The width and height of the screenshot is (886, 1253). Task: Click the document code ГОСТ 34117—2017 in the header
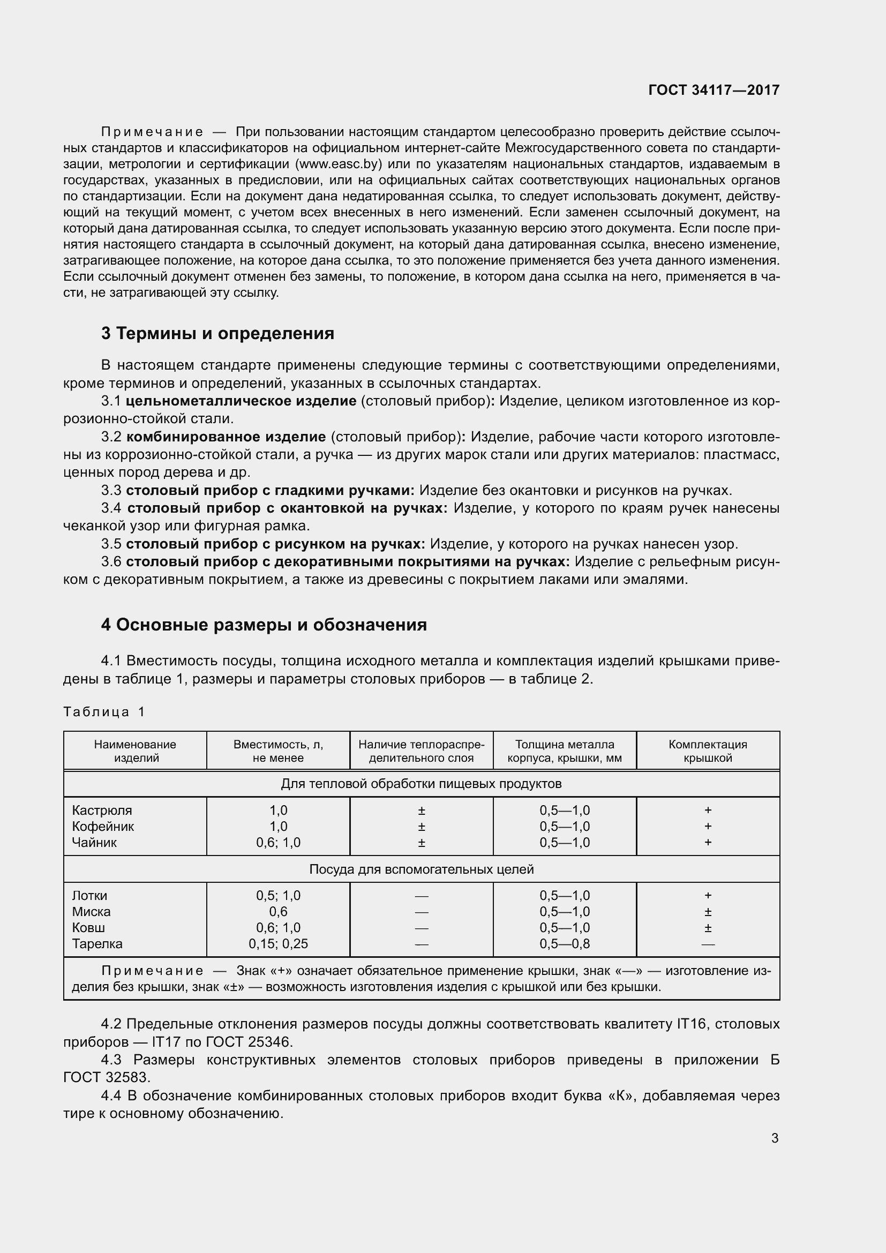tap(714, 90)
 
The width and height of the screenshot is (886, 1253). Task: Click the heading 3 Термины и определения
tap(217, 333)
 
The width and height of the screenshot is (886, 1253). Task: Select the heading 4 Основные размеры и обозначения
tap(264, 624)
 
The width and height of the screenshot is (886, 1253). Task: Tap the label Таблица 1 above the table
tap(104, 711)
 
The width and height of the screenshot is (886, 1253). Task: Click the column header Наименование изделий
tap(136, 751)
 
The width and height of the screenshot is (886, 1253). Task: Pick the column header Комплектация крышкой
tap(708, 751)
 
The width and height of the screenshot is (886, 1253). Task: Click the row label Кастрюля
tap(102, 811)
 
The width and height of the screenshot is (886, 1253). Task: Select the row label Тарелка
tap(97, 943)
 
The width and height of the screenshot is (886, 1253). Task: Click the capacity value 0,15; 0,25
tap(278, 943)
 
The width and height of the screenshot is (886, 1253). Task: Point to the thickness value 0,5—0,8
tap(565, 943)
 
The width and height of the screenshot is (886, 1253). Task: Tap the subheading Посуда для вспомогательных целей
tap(421, 869)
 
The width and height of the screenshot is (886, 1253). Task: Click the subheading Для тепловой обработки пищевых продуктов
tap(421, 784)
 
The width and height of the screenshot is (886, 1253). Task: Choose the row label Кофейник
tap(103, 826)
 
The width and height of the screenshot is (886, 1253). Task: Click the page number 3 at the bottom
tap(775, 1138)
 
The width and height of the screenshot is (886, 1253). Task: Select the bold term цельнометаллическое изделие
tap(241, 401)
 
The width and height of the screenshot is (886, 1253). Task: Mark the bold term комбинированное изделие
tap(226, 437)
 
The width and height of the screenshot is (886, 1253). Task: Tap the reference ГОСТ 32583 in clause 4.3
tap(107, 1078)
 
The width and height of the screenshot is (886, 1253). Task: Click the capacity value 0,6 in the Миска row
tap(278, 912)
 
